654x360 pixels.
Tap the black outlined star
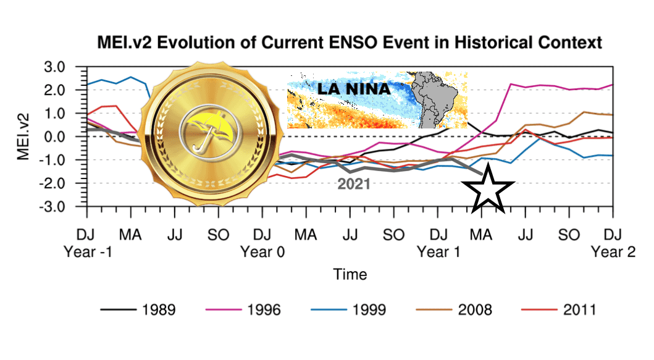pos(487,189)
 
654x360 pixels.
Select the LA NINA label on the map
pos(354,90)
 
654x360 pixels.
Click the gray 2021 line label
pos(353,183)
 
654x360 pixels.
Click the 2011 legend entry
pos(579,309)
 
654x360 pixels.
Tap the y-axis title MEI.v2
pos(24,136)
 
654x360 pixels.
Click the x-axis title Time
pos(350,274)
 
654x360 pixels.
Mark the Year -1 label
pos(87,251)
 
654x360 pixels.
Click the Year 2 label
pos(612,251)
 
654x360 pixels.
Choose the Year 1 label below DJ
pos(438,251)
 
